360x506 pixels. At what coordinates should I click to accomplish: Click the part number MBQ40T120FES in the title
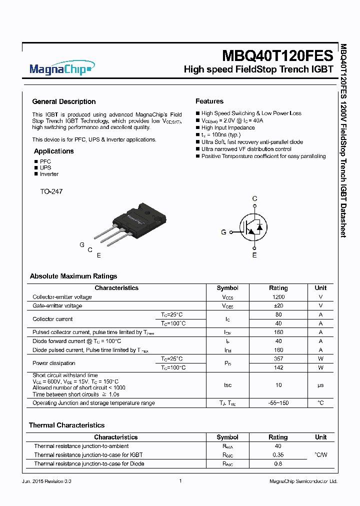click(277, 54)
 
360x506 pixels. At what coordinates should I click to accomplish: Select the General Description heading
click(63, 101)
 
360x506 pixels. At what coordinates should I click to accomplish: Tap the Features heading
click(209, 101)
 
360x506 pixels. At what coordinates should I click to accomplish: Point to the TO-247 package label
click(51, 191)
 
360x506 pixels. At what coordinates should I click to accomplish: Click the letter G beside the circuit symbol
click(224, 232)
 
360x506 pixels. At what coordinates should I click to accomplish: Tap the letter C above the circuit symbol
click(254, 199)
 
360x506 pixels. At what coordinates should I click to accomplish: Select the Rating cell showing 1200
click(278, 297)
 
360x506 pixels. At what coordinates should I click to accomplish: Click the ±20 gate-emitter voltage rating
click(278, 305)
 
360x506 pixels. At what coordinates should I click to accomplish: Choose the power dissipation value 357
click(278, 358)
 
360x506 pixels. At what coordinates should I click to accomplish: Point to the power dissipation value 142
click(278, 367)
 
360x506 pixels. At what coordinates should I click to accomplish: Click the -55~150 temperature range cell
click(278, 403)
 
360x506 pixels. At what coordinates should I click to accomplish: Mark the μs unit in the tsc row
click(320, 385)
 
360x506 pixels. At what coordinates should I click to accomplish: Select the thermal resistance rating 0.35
click(278, 455)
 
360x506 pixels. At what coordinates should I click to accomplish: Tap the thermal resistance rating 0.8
click(278, 463)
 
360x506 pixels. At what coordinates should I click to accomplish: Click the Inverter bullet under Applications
click(49, 174)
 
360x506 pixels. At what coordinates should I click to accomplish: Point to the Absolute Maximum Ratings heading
click(73, 276)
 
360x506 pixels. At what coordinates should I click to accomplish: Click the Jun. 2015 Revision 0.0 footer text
click(47, 481)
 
